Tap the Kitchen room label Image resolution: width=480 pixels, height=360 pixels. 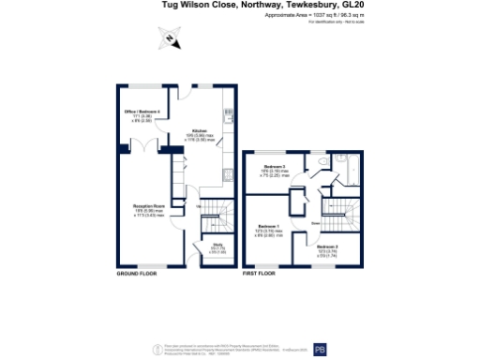tap(199, 130)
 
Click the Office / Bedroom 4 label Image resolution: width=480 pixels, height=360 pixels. tap(143, 112)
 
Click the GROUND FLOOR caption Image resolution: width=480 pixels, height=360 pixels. tap(136, 275)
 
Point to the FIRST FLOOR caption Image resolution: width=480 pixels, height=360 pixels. tap(260, 275)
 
